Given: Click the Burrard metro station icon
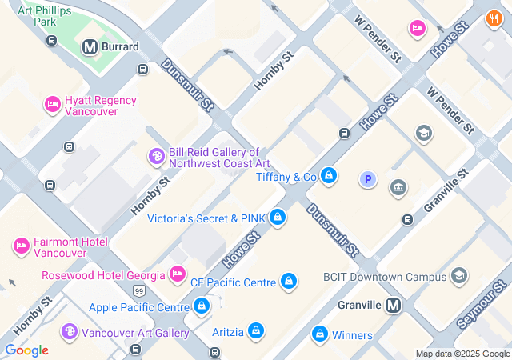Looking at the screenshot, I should (x=90, y=47).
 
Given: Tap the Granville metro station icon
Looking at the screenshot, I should (x=393, y=305).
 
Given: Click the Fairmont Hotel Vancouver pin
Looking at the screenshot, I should (x=21, y=246).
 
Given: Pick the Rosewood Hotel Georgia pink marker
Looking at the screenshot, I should (x=178, y=275).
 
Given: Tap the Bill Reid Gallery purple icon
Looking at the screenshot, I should (x=156, y=157).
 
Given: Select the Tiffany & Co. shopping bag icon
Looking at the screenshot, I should (x=328, y=176).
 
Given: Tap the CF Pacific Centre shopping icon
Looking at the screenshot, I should (x=289, y=282).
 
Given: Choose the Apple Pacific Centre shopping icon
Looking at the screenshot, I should (x=202, y=306).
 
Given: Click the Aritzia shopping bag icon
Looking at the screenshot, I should (x=255, y=330).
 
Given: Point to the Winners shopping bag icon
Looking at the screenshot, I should (x=319, y=334).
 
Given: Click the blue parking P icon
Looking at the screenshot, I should (x=368, y=180).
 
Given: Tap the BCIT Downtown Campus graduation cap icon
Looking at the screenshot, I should (x=459, y=277).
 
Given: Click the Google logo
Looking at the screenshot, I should (x=26, y=350).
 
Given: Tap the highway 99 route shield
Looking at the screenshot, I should (x=139, y=290).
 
